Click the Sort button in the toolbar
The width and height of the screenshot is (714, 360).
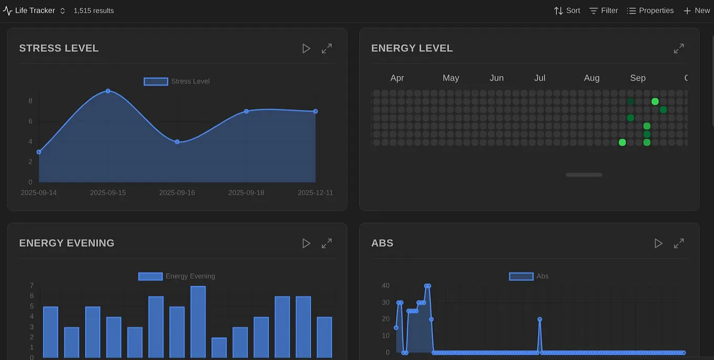pos(567,11)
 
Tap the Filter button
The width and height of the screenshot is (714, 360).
pos(604,11)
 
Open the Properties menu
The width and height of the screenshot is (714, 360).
pos(650,11)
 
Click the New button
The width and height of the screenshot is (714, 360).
pos(697,11)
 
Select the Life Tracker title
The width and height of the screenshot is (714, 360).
pos(35,11)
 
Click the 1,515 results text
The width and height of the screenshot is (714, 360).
pos(94,11)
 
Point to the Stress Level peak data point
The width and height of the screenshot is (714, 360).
pos(108,91)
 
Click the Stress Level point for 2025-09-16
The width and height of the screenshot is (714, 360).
pos(177,142)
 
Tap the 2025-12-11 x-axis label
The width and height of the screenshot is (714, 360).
pos(315,193)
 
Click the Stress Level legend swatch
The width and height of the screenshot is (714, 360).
pos(156,81)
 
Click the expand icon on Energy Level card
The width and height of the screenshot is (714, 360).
pos(679,48)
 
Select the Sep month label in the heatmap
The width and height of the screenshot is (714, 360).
pos(637,78)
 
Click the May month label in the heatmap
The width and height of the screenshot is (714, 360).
pos(451,78)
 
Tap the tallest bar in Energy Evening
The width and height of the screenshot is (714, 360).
pos(198,322)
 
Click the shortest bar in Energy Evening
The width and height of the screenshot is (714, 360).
pos(219,347)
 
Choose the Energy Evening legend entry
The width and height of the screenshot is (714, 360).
pos(177,276)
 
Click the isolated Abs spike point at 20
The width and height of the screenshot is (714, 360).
pos(539,319)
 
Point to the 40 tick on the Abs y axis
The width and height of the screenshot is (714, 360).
pos(386,285)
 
